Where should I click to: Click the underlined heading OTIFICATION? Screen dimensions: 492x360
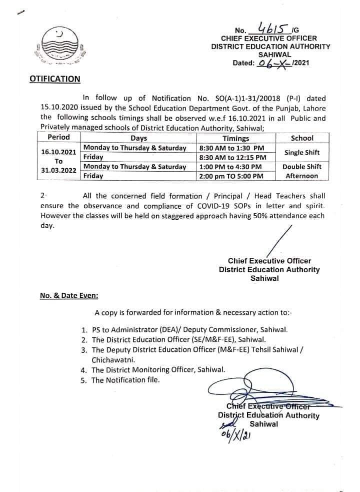pos(55,79)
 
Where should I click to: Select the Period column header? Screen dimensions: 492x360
pos(58,137)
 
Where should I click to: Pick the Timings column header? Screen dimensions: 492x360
pos(235,138)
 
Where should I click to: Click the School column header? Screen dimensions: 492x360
pos(301,138)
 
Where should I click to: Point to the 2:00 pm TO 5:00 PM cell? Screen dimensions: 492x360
pos(230,176)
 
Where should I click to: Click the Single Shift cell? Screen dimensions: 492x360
pos(302,152)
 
